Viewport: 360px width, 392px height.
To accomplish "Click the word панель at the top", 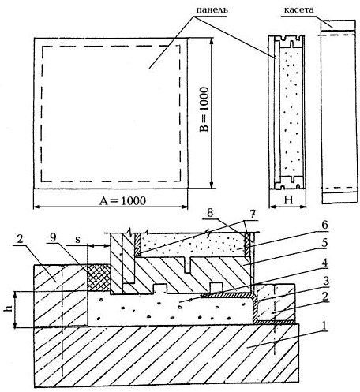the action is [x=212, y=10].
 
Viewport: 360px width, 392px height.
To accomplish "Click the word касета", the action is [x=298, y=10].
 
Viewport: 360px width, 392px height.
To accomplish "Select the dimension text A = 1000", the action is [x=122, y=201].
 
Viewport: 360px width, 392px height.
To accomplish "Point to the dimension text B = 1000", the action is [x=204, y=109].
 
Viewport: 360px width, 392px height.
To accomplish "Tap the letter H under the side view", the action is [x=289, y=200].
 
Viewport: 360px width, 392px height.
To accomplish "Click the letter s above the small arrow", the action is [x=77, y=240].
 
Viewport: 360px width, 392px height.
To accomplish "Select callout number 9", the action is [x=53, y=237].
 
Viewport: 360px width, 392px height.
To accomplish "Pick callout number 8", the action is [x=210, y=213].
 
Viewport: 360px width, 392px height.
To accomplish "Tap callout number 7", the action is [x=253, y=215].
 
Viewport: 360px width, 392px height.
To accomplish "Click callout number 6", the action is [x=324, y=225].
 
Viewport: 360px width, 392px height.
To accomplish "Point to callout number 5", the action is [x=324, y=243].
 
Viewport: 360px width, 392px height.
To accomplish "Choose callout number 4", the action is [x=325, y=262].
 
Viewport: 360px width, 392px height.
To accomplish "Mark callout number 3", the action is [x=326, y=281].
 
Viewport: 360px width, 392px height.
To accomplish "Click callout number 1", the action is [x=324, y=326].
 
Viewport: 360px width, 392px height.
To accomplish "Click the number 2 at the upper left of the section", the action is [x=21, y=239].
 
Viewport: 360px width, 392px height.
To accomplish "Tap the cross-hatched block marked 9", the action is [x=99, y=278].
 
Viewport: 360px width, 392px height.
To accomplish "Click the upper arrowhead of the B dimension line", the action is [x=211, y=42].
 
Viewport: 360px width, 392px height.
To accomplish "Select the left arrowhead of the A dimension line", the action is [x=37, y=207].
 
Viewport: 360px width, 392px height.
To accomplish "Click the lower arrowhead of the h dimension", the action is [x=16, y=324].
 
